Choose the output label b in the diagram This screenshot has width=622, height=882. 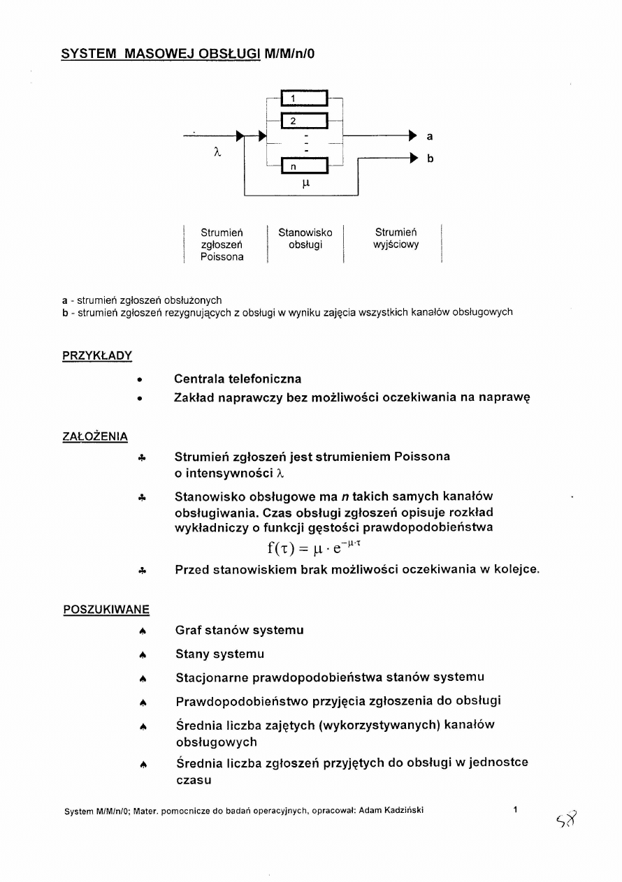[430, 159]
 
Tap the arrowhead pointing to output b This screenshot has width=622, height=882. [413, 159]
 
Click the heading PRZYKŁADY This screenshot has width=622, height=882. [97, 355]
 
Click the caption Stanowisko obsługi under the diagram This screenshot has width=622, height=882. [305, 238]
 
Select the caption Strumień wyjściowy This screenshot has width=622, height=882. [396, 238]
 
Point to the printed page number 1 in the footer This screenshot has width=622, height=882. [515, 810]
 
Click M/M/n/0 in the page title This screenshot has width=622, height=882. [294, 53]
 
